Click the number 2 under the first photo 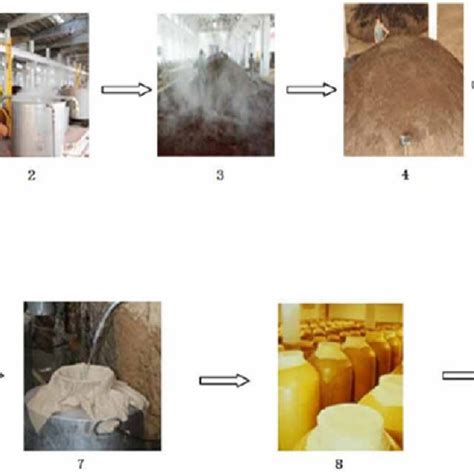point(32,176)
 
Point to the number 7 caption point(80,465)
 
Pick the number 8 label point(340,465)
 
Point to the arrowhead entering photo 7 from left point(4,376)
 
